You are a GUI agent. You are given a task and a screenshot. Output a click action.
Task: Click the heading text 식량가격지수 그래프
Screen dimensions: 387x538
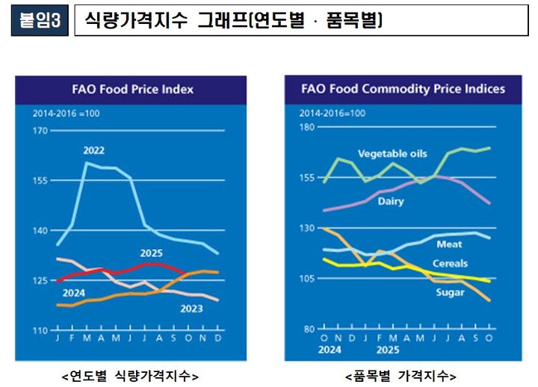pyautogui.click(x=232, y=21)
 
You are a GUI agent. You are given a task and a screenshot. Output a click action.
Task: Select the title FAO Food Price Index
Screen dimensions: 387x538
pyautogui.click(x=132, y=89)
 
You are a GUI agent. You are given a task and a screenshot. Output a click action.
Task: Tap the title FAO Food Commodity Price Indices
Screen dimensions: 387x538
pyautogui.click(x=403, y=89)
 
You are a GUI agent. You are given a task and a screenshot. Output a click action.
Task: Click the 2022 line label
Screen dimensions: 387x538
pyautogui.click(x=93, y=150)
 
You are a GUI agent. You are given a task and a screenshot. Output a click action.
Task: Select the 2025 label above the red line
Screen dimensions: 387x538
pyautogui.click(x=152, y=253)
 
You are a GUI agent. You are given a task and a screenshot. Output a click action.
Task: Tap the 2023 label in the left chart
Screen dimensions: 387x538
pyautogui.click(x=192, y=309)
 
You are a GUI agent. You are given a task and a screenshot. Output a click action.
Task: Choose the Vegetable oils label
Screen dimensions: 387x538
pyautogui.click(x=392, y=154)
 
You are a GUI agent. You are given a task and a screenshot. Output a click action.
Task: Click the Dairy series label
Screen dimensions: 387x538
pyautogui.click(x=390, y=201)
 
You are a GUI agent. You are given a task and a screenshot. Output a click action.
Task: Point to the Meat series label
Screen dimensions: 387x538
pyautogui.click(x=449, y=244)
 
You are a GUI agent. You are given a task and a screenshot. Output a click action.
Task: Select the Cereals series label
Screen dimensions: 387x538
pyautogui.click(x=450, y=263)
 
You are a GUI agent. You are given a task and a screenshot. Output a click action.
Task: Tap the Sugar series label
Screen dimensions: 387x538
pyautogui.click(x=450, y=292)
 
